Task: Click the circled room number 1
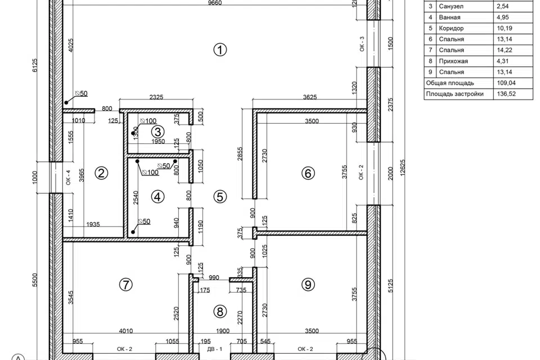[x=220, y=49]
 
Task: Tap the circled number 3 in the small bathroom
[x=157, y=132]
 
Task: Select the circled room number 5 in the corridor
[x=220, y=197]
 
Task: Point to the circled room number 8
[x=220, y=312]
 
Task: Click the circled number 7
[x=125, y=285]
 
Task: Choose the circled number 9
[x=308, y=285]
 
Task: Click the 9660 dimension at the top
[x=215, y=3]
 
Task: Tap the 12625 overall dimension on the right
[x=403, y=168]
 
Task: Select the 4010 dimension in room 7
[x=126, y=331]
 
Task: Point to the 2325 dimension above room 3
[x=156, y=97]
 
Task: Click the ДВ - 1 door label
[x=214, y=349]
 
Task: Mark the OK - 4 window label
[x=68, y=177]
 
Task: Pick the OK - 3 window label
[x=362, y=44]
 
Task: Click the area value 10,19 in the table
[x=504, y=28]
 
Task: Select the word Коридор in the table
[x=451, y=28]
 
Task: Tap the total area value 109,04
[x=506, y=83]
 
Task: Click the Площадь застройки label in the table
[x=454, y=94]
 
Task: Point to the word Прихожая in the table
[x=453, y=61]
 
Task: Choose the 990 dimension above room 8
[x=214, y=278]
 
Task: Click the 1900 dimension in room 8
[x=223, y=331]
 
